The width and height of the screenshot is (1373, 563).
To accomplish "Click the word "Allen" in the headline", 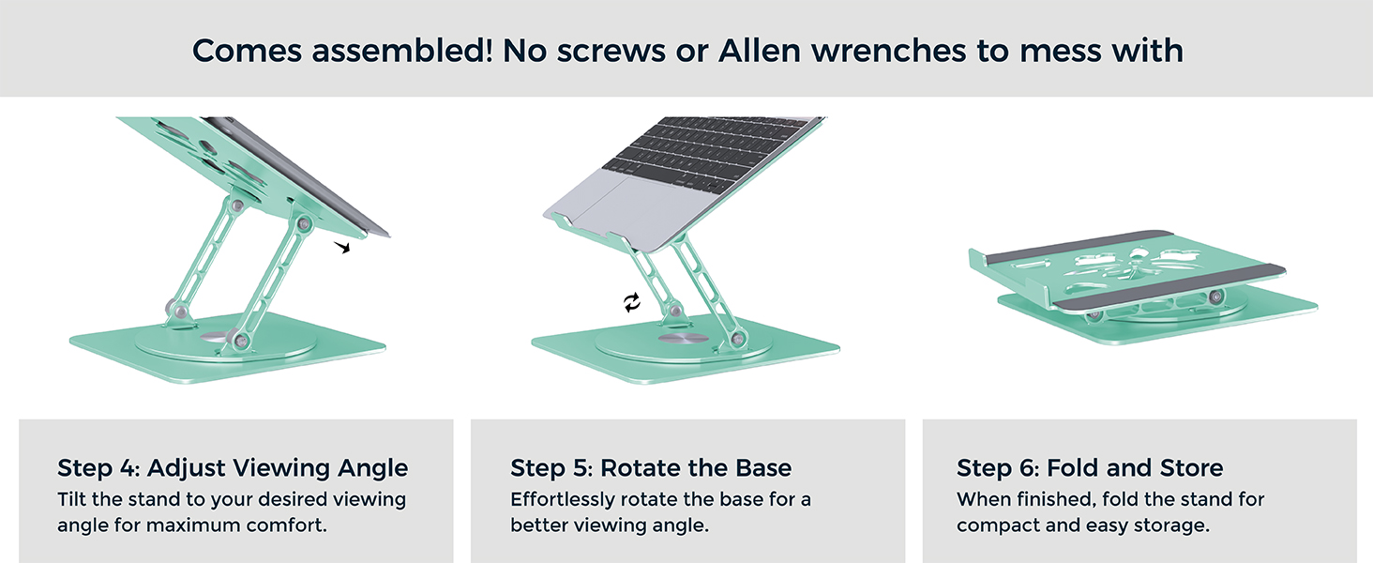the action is [x=760, y=51].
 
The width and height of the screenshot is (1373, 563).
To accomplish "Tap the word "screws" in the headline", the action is [x=611, y=52].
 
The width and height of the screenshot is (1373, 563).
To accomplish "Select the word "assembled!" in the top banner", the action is [x=402, y=51].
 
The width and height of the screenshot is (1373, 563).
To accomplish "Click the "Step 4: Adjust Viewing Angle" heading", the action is [x=233, y=468].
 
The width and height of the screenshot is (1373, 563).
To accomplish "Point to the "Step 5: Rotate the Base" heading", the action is [x=651, y=468].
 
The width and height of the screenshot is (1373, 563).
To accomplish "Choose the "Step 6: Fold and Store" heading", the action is [x=1090, y=468].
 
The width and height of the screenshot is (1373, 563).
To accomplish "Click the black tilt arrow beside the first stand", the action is [x=342, y=247].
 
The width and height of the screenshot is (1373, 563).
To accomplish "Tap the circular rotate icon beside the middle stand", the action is [x=632, y=302].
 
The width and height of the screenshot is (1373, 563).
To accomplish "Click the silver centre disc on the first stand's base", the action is [x=215, y=338].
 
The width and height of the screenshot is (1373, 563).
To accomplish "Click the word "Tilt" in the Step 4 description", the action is [x=71, y=499].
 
